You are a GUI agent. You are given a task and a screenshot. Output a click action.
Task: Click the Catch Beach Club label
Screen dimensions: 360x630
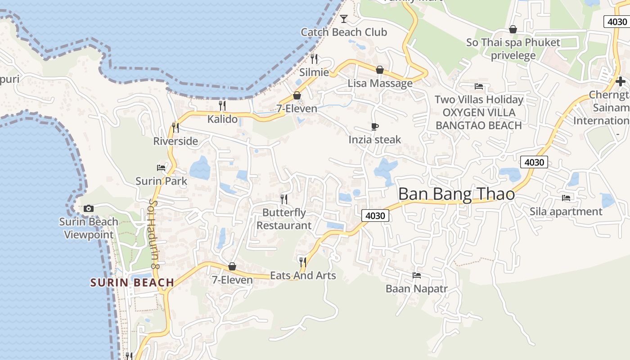coord(344,32)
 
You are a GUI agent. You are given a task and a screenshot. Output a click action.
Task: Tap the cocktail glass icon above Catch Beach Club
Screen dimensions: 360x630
coord(344,18)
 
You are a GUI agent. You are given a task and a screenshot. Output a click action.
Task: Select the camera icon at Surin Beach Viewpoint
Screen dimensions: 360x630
coord(89,208)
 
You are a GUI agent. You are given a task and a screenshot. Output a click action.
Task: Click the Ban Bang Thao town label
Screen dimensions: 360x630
coord(456,194)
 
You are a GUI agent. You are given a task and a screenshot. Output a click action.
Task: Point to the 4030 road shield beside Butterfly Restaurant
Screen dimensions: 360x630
coord(375,216)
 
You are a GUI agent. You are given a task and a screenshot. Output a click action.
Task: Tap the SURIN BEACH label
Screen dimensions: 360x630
coord(132,283)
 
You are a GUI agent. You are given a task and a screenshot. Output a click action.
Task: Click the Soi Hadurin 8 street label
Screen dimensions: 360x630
coord(155,234)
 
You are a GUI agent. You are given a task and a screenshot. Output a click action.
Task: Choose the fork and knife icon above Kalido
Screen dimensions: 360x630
coord(222,106)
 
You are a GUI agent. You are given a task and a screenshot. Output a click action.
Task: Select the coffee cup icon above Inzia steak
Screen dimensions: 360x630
coord(375,127)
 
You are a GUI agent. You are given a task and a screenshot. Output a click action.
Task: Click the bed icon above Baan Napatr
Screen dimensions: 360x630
coord(417,275)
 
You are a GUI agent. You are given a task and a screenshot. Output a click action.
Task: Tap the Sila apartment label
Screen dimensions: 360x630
coord(566,211)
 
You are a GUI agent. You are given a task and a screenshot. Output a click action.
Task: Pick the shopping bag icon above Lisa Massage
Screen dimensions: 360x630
coord(380,70)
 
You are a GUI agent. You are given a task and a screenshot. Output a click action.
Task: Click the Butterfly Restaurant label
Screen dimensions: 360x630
coord(284,219)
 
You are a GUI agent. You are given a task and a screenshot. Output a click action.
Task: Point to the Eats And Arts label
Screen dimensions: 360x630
coord(303,275)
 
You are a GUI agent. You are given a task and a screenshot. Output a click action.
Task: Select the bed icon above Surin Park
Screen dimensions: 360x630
coord(161,168)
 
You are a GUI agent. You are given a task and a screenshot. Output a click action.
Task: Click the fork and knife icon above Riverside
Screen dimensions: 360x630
coord(175,128)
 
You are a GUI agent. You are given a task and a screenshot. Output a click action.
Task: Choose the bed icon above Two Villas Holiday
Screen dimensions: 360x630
coord(479,86)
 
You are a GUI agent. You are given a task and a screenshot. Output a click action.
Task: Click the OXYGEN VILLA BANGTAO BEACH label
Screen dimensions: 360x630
coord(479,119)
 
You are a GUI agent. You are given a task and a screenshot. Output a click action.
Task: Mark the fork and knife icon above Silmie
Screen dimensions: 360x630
coord(314,59)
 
